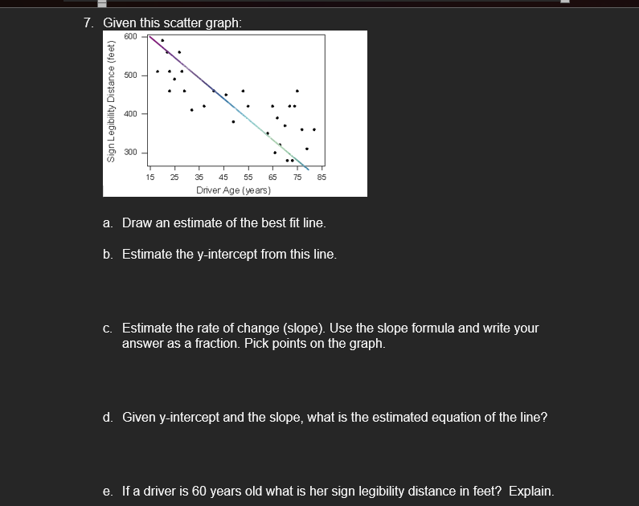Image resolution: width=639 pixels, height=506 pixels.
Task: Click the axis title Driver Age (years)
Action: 234,190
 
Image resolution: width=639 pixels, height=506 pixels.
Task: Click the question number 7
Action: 88,23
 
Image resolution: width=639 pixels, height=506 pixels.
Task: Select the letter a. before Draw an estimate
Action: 108,222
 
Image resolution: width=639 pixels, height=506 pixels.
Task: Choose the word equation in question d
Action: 420,417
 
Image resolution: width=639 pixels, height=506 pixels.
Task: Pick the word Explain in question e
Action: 530,491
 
